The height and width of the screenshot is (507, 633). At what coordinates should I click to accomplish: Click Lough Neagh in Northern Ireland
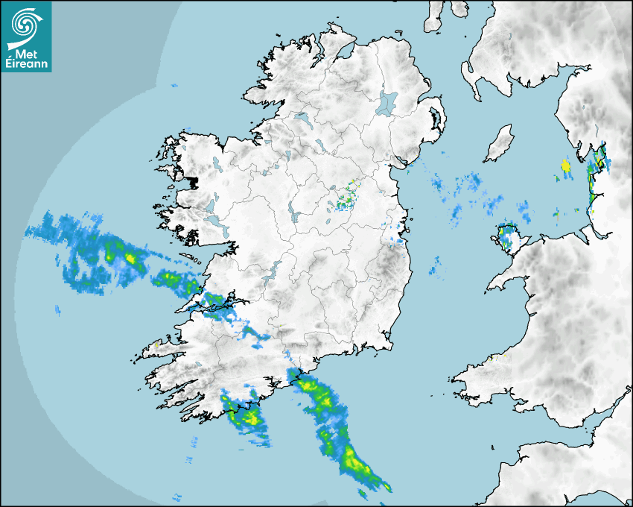387,102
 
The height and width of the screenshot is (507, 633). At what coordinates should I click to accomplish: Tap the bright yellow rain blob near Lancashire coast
565,165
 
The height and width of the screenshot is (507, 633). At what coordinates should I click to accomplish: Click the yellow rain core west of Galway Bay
132,258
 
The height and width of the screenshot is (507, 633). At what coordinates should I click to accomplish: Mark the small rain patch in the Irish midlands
343,201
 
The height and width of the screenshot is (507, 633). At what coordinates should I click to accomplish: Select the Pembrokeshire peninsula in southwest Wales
477,373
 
